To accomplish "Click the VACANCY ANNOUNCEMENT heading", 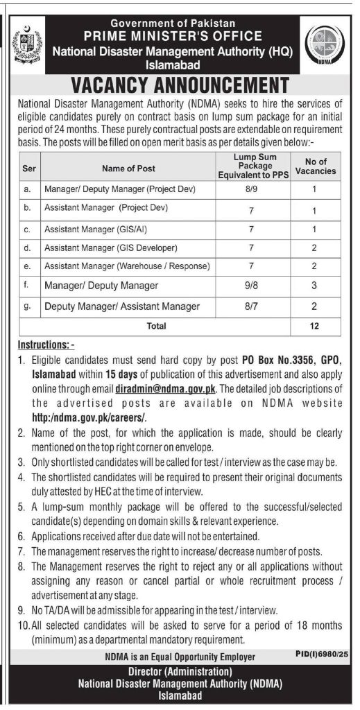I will pos(180,85).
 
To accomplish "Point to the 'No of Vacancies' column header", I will pos(315,167).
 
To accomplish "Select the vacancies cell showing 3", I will pos(315,286).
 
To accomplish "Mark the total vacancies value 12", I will pos(315,324).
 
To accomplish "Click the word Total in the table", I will pos(156,324).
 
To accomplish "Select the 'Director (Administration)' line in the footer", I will pos(179,672).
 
